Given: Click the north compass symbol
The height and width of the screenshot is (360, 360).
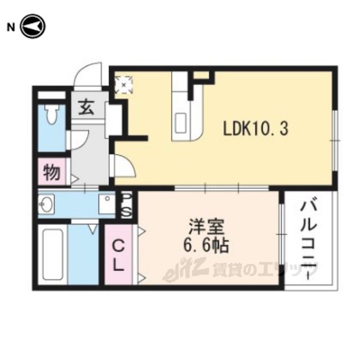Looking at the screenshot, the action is click(x=33, y=26).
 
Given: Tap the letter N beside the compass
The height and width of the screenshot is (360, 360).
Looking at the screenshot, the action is click(x=11, y=28).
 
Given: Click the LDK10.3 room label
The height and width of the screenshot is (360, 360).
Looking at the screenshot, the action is click(x=255, y=129).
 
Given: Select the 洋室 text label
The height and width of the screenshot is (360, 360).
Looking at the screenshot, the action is click(x=206, y=227).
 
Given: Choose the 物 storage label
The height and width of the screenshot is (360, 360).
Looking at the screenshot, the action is click(x=52, y=172).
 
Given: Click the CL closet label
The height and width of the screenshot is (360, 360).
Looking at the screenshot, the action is click(x=118, y=256).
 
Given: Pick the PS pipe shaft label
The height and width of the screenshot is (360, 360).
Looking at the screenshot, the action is click(x=127, y=205).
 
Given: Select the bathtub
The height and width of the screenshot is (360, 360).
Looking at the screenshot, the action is click(x=53, y=254).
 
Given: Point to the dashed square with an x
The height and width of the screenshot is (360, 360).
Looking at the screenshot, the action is click(x=124, y=85).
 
